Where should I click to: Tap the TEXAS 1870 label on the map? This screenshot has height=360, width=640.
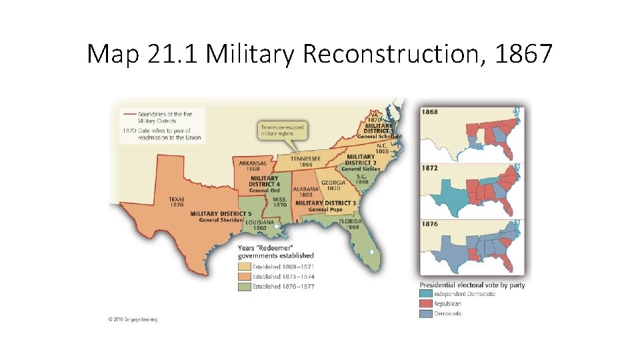pos(177,201)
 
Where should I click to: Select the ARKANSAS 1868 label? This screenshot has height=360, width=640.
pos(253,165)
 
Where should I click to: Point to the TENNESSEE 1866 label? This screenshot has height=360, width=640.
pos(306,161)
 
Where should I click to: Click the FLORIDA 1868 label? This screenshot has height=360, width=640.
pos(350,224)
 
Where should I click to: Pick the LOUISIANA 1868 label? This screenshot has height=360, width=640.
pos(259,225)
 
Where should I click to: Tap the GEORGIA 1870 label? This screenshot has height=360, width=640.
pos(333,185)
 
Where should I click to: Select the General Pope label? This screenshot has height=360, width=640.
pos(326,209)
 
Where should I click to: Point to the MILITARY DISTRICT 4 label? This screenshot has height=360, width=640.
pos(265,181)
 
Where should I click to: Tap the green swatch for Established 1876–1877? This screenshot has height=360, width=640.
pos(244,287)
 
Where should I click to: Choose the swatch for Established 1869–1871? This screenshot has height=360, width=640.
pos(244,267)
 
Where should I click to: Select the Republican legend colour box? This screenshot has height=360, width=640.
pos(425,304)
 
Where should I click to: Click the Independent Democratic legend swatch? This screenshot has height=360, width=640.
pos(425,294)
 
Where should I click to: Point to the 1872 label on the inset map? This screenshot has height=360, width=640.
pos(430,169)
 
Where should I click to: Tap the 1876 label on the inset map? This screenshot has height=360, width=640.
pos(430,224)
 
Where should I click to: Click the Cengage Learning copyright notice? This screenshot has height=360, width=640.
pos(133,319)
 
